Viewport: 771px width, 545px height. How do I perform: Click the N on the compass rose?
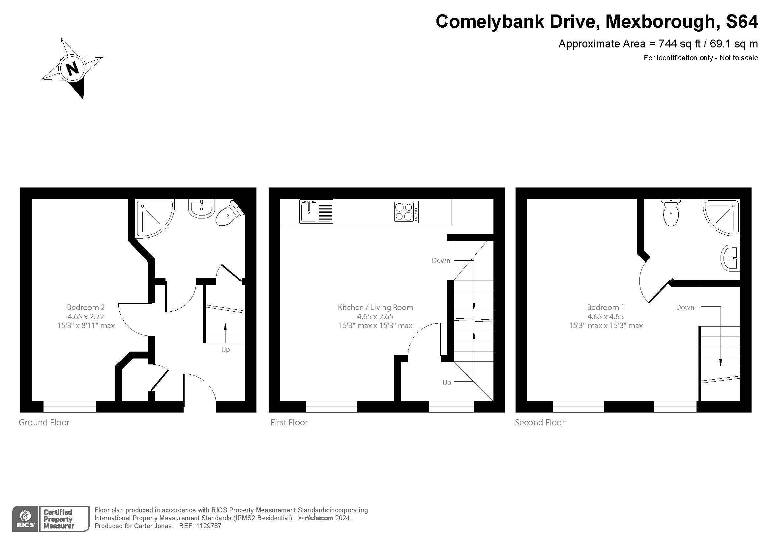[x=72, y=69]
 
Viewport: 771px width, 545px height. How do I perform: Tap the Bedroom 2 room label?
[x=86, y=307]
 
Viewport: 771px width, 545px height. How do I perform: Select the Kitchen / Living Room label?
[x=375, y=307]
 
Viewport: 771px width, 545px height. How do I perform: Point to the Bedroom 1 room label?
[x=606, y=307]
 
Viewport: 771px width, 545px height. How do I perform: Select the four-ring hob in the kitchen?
[x=406, y=212]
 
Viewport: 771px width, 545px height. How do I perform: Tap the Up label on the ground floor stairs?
[x=225, y=350]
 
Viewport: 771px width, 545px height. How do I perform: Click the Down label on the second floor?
[x=685, y=307]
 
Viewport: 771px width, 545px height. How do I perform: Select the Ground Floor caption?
[x=44, y=422]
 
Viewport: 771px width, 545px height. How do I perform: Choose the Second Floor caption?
[x=540, y=422]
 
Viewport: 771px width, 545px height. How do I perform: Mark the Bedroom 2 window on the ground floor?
[x=70, y=406]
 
